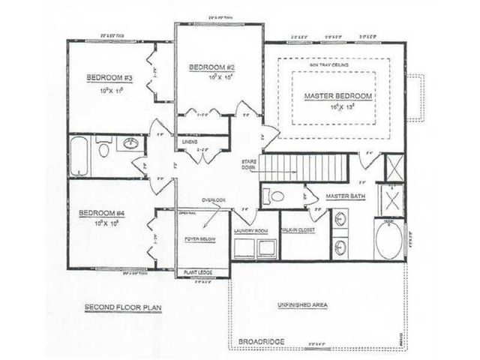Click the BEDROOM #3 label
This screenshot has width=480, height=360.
(109, 77)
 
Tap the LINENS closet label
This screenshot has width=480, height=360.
(190, 141)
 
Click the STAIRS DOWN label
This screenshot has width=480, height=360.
(250, 166)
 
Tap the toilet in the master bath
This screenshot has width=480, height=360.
(276, 196)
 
